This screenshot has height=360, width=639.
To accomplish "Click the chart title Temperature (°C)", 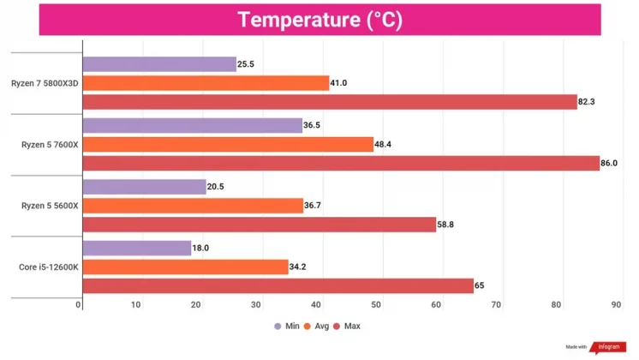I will (x=319, y=20).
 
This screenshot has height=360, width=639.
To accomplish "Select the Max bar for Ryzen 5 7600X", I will (x=341, y=164).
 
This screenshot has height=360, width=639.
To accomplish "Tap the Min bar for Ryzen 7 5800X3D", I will (x=159, y=64).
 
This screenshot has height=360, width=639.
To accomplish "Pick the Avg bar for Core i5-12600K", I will (x=185, y=267).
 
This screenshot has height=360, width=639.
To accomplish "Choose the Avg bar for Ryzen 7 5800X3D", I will (x=206, y=83).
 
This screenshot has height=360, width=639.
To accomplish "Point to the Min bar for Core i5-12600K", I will (x=137, y=248).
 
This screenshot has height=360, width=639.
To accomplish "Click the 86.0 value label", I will (x=612, y=164).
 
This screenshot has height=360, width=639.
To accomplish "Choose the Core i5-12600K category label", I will (x=48, y=267).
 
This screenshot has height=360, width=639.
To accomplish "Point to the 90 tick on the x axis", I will (x=618, y=305).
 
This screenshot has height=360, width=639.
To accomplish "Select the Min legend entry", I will (x=289, y=327).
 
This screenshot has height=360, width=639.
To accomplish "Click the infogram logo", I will (x=605, y=347).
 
